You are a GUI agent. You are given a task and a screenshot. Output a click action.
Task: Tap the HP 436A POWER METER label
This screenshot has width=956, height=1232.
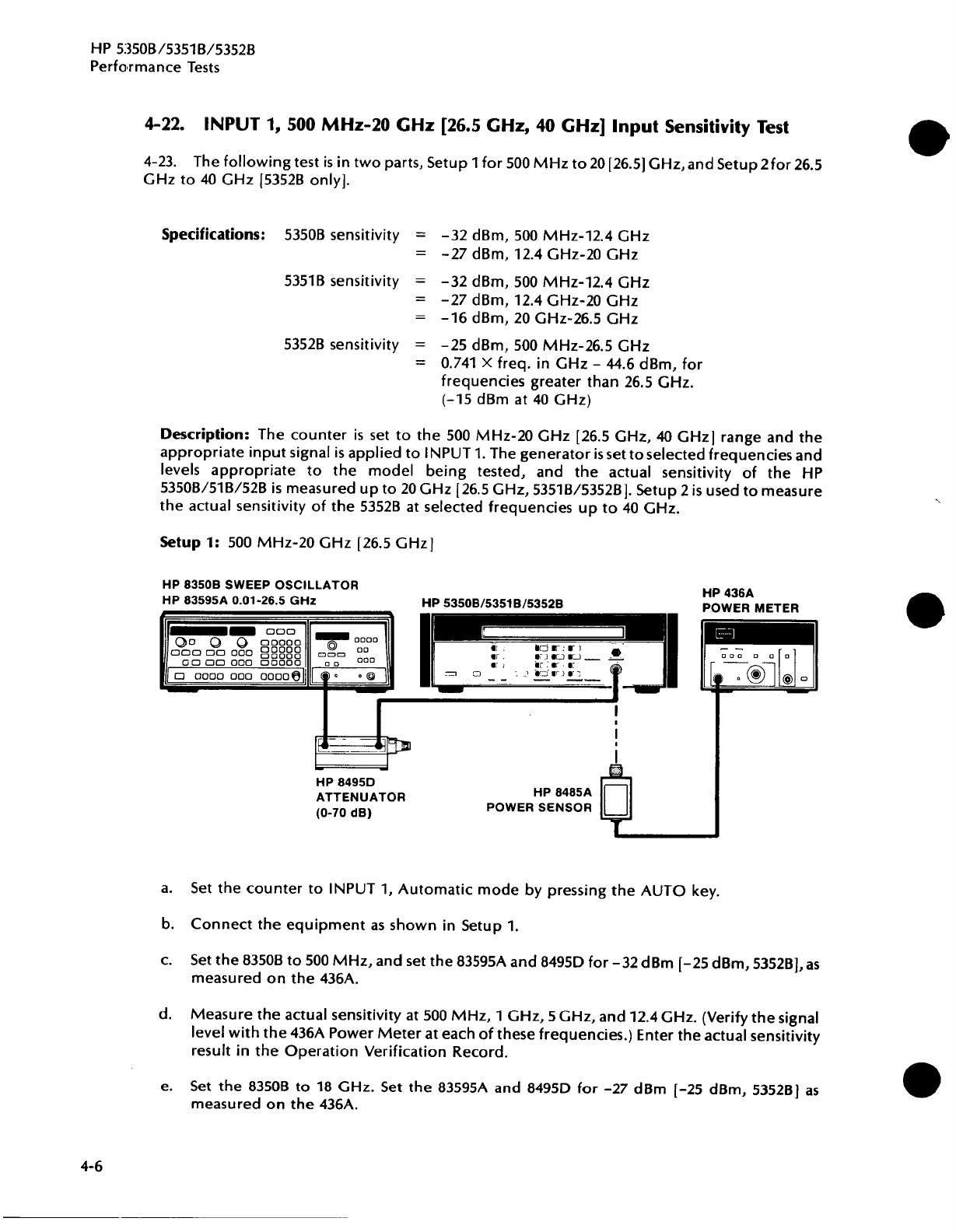(x=750, y=599)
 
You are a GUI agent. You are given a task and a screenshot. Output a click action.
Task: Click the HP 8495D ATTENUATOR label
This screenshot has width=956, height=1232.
(x=360, y=797)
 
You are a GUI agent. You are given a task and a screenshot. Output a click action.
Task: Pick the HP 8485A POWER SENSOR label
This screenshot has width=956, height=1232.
(x=539, y=800)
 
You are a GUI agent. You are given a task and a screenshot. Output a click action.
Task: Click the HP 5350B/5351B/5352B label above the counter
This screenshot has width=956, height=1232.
(x=492, y=603)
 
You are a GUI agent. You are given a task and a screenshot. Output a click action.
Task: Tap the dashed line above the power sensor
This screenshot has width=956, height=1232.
(x=616, y=723)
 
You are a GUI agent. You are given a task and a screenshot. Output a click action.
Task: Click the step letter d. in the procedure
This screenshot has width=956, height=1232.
(x=165, y=1015)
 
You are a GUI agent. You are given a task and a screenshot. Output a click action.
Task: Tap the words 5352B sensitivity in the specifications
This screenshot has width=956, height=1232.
(x=342, y=345)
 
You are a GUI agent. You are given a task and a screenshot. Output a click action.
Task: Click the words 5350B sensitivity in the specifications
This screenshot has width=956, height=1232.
(x=342, y=235)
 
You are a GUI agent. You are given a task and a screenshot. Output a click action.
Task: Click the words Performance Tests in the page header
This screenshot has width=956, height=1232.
(x=155, y=67)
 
